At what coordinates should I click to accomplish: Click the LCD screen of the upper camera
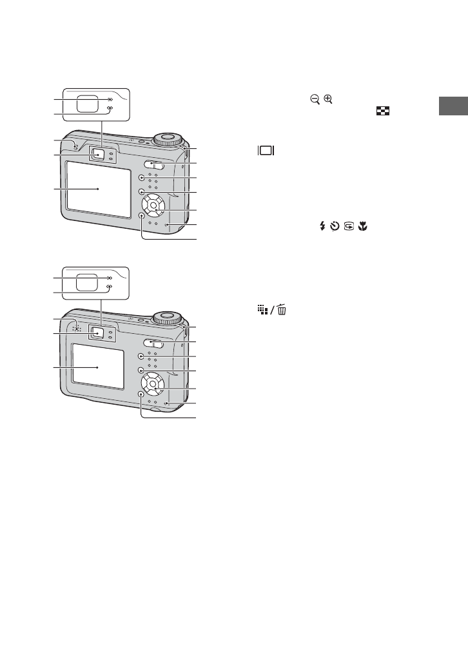click(x=97, y=188)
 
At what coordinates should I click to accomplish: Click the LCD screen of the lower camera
click(x=97, y=366)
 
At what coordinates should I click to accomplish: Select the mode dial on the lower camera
click(x=168, y=317)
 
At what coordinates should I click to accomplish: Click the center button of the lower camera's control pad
click(x=152, y=385)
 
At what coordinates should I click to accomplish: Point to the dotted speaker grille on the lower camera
click(x=76, y=327)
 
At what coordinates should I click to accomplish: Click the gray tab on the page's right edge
click(x=453, y=106)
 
